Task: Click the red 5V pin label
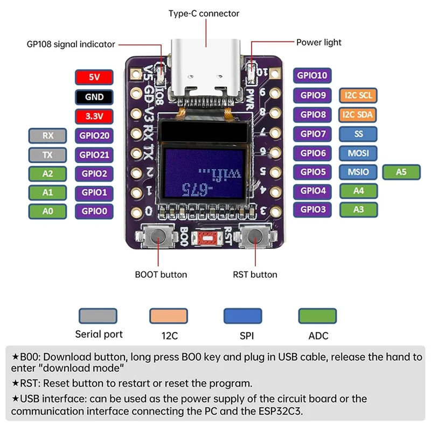tap(94, 77)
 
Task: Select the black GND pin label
tap(94, 97)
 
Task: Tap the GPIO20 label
tap(94, 136)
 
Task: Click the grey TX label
tap(47, 155)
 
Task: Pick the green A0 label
tap(47, 211)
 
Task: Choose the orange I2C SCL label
tap(358, 95)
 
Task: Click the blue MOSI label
tap(358, 153)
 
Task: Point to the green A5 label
tap(401, 172)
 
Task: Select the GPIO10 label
tap(312, 75)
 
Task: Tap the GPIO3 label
tap(312, 210)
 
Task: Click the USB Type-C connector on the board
tap(206, 69)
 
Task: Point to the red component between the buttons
tap(207, 238)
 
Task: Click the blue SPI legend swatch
tap(243, 316)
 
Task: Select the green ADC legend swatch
tap(317, 316)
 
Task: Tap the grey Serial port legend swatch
tap(98, 316)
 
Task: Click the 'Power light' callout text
tap(318, 43)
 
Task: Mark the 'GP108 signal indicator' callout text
tap(71, 44)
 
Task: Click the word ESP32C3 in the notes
tap(280, 411)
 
